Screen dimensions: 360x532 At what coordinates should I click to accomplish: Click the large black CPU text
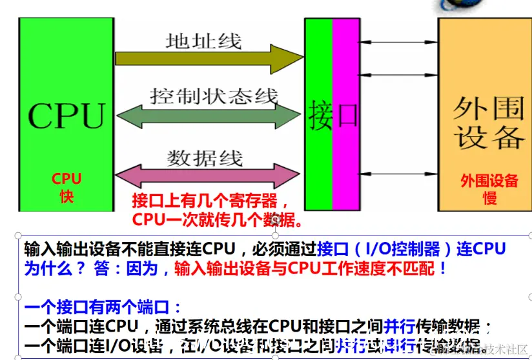pos(66,116)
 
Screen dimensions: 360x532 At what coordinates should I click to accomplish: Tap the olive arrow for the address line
pos(207,60)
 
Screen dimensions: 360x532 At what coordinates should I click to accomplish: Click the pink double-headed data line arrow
pos(207,175)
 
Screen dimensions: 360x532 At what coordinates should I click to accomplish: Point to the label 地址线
pos(203,41)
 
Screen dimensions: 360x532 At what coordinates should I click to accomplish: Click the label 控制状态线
pos(214,97)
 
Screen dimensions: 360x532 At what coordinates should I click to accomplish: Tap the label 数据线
pos(205,157)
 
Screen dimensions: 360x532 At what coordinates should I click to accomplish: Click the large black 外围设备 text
pos(489,123)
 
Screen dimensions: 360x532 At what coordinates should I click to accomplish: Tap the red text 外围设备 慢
pos(489,189)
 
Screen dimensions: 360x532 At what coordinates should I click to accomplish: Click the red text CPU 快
pos(66,187)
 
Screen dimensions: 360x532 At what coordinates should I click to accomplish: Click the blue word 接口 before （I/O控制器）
pos(334,249)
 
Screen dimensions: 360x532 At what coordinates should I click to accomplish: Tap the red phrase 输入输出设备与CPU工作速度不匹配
pos(310,268)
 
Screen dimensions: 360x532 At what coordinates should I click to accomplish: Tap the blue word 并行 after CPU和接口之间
pos(401,326)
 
